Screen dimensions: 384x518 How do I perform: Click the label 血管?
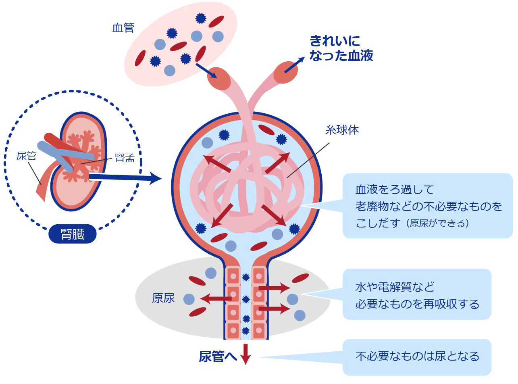pos(123,28)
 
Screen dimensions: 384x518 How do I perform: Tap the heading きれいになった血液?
pos(341,48)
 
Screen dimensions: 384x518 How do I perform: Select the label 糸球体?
pos(342,130)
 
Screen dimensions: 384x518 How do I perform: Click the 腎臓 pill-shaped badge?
pos(73,234)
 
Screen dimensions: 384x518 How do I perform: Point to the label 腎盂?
pos(125,158)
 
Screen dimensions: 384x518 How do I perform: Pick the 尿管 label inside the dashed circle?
pos(26,156)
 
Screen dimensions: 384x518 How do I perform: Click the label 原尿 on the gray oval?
pos(163,298)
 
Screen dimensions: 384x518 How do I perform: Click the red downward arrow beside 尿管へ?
pos(245,354)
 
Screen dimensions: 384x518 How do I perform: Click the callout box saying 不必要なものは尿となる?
pos(417,357)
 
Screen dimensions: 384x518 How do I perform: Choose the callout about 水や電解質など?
pos(417,295)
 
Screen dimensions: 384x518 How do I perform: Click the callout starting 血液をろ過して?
pos(427,206)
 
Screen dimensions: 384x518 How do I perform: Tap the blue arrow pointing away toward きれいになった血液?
pos(294,65)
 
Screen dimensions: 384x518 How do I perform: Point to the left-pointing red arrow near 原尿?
pos(216,299)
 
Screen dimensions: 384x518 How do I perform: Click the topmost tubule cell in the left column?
pos(233,276)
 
